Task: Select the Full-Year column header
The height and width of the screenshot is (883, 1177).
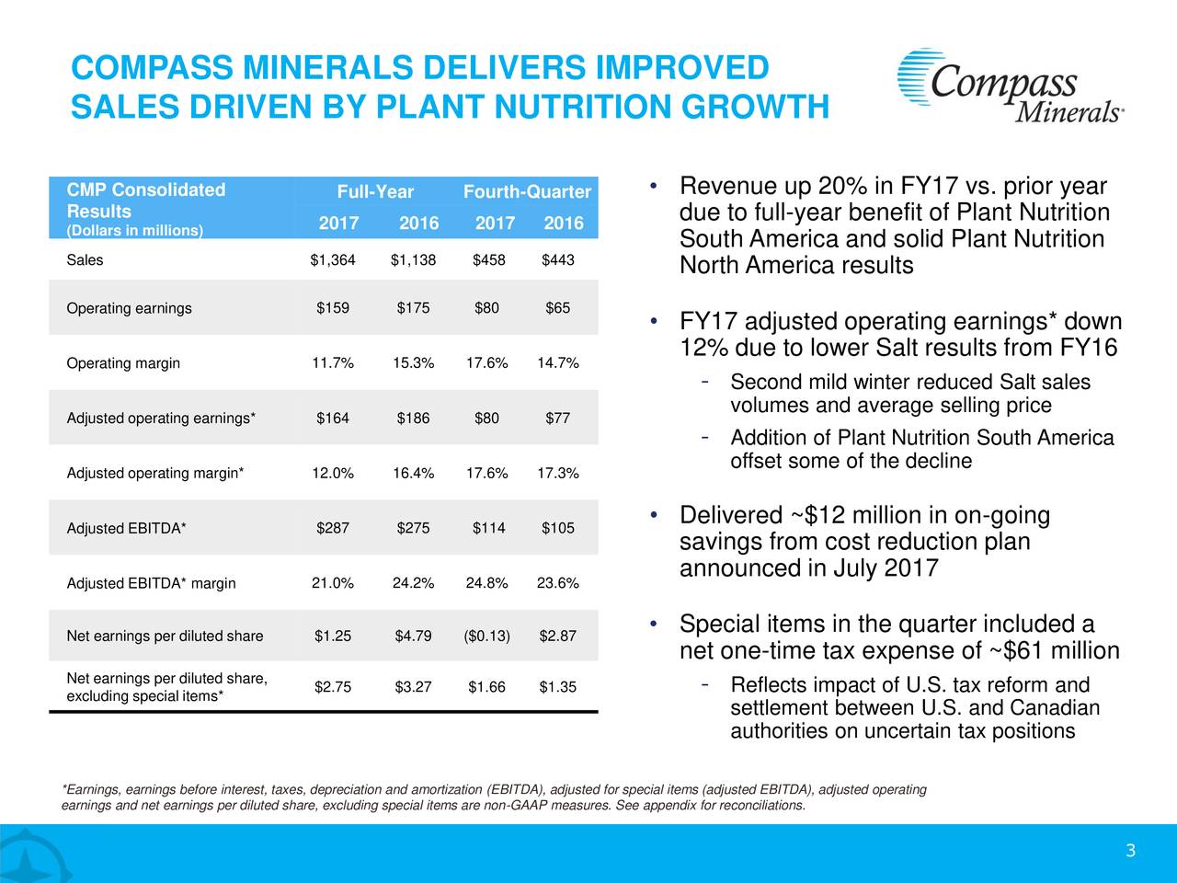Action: point(375,192)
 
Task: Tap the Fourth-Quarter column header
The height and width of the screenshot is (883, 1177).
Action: point(526,192)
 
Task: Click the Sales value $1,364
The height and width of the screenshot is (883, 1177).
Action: point(332,260)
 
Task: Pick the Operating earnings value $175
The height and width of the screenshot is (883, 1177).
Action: point(413,307)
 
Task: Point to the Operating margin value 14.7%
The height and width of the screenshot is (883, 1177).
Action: point(557,362)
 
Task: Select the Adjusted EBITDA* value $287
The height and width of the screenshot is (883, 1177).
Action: point(332,528)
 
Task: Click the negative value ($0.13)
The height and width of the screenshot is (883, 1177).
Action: point(487,636)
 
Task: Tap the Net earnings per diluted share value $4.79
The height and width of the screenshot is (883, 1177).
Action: point(413,636)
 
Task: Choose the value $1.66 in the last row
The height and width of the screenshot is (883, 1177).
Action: point(487,686)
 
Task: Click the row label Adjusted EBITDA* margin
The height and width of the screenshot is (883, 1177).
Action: point(151,583)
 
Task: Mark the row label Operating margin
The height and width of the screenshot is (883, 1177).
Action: point(123,362)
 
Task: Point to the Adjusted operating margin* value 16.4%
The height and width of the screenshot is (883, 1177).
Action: point(413,474)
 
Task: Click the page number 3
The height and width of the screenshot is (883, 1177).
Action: point(1130,851)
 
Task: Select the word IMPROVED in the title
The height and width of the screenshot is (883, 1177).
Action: point(681,68)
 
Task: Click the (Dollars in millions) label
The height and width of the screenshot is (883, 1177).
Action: point(135,230)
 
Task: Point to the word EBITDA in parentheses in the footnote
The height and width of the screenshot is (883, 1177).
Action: point(515,789)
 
